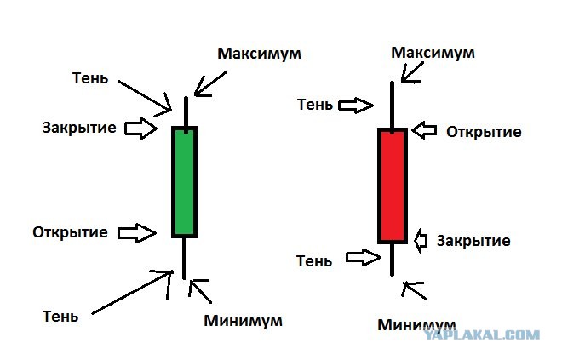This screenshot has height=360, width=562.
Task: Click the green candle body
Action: coord(184,182)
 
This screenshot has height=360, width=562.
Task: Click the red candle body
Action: coord(393,186)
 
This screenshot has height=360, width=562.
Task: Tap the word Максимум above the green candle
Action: coord(259,54)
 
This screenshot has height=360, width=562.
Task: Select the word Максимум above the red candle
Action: coord(433,53)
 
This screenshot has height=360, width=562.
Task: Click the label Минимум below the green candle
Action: coord(243,321)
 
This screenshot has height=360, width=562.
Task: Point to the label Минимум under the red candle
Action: coord(416,325)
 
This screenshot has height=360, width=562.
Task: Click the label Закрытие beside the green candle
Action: coord(79,128)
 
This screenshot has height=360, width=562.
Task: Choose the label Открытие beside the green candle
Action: coord(70,232)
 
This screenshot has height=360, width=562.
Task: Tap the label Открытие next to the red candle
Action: coord(484,132)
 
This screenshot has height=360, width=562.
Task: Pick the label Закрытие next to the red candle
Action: coord(473,241)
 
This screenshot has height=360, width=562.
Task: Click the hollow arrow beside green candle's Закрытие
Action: coord(140,129)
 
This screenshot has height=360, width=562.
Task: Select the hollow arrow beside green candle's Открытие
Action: coord(137,233)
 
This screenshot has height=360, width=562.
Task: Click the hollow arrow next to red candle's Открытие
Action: coord(424,130)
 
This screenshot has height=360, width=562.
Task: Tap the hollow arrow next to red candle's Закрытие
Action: coord(421,240)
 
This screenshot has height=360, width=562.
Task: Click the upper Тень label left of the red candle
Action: coord(315,105)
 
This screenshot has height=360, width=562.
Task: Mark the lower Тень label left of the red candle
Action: coord(314,261)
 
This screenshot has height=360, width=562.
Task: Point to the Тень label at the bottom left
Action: coord(60,317)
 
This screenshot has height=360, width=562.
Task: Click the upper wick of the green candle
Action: coord(186,112)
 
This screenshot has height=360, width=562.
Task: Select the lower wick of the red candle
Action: coord(392,260)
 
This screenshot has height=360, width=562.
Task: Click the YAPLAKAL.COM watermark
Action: coord(482,335)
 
